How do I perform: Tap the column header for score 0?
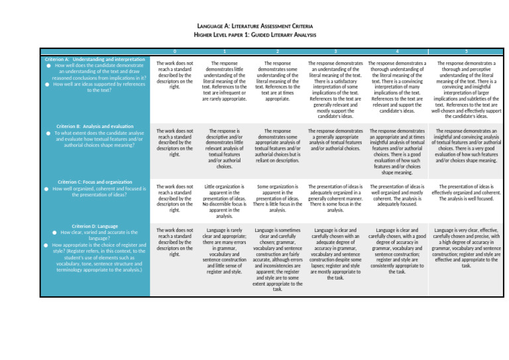174,52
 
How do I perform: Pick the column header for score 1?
225,52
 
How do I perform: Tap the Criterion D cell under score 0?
174,242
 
